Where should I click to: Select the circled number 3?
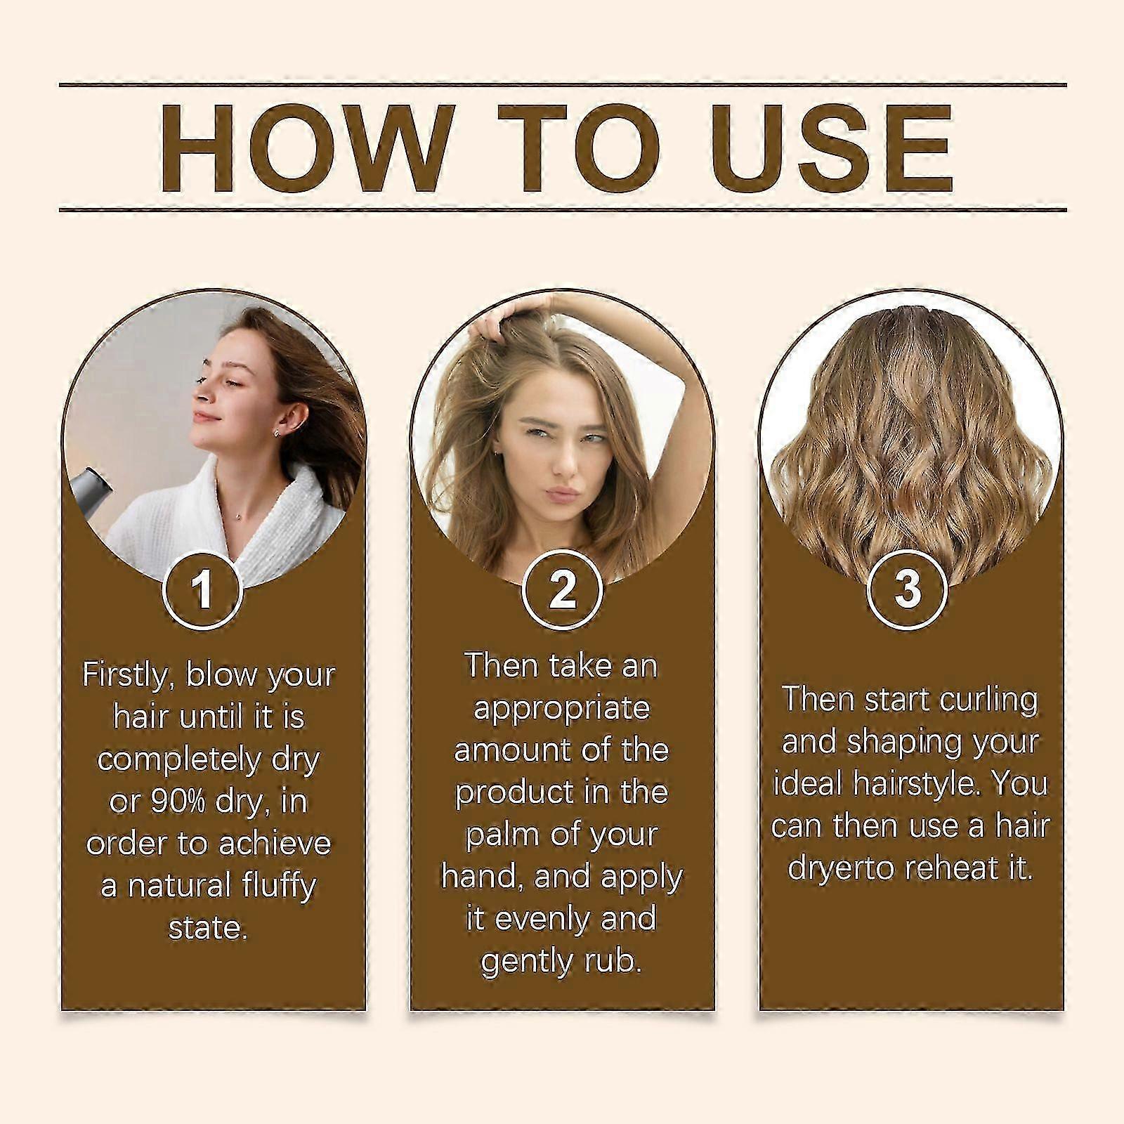pos(908,589)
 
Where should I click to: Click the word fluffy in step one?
pos(279,887)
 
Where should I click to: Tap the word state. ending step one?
pos(208,928)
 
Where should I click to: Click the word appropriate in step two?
pos(561,709)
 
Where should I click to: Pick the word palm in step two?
pos(501,835)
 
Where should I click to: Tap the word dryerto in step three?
pos(841,868)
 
